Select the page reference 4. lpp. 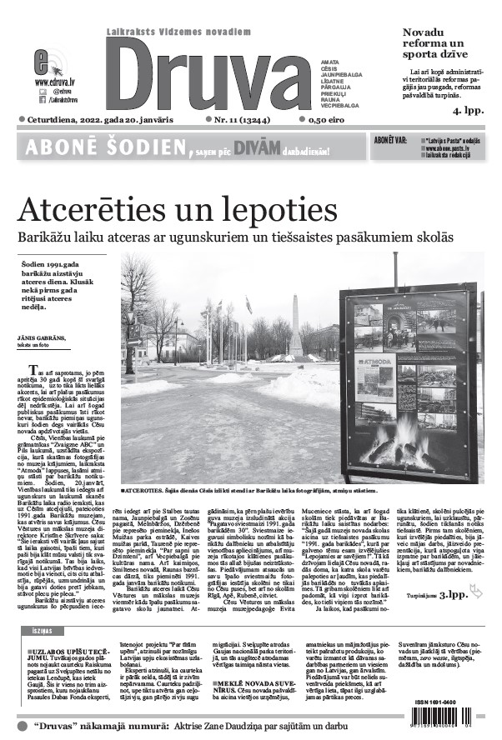click(467, 109)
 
